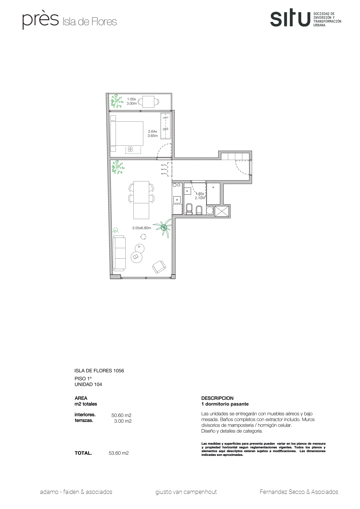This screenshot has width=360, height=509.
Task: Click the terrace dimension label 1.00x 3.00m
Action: tap(131, 101)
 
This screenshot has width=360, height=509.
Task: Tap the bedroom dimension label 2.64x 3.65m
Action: tap(153, 133)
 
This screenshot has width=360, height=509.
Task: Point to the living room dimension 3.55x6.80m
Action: tap(142, 228)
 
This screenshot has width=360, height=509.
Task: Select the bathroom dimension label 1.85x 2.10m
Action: tap(200, 196)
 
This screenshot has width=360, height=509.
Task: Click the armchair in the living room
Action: tap(159, 267)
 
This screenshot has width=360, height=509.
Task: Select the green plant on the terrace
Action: tap(117, 101)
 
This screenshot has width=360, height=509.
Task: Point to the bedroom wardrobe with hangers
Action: tap(166, 126)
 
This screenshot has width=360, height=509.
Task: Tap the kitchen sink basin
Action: tap(177, 200)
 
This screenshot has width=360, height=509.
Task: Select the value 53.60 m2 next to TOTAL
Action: tap(119, 453)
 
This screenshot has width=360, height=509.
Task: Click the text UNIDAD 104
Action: tap(88, 385)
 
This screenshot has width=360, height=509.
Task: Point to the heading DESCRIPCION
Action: tap(217, 398)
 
